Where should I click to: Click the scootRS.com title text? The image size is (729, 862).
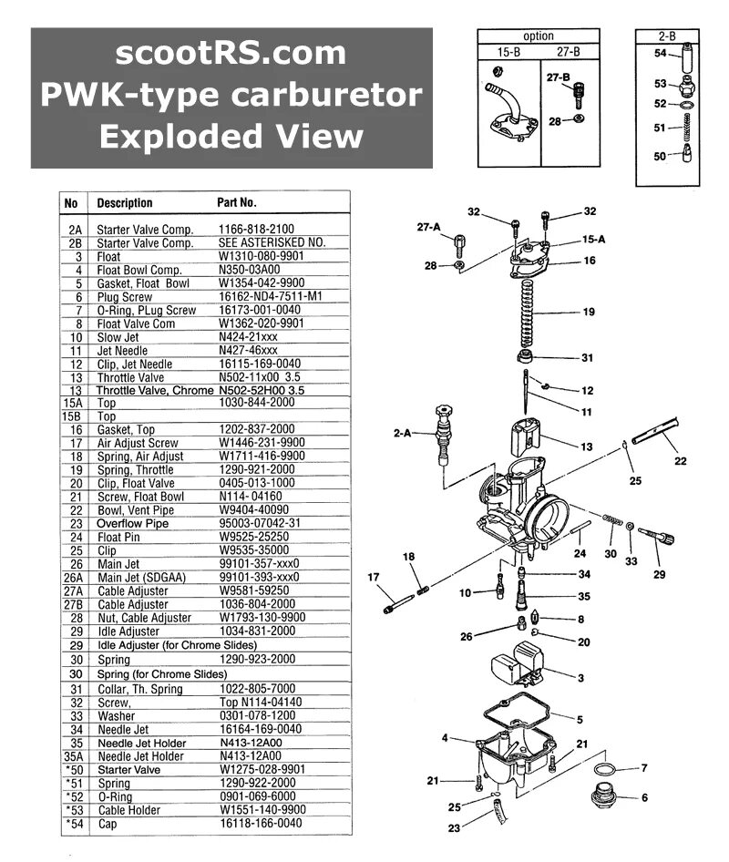pos(231,53)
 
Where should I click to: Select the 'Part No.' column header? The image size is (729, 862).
pos(237,202)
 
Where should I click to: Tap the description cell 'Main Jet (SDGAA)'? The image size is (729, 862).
pos(139,577)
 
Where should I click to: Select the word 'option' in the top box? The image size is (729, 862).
pos(539,36)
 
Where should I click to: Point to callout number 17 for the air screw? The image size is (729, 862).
pos(373,576)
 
